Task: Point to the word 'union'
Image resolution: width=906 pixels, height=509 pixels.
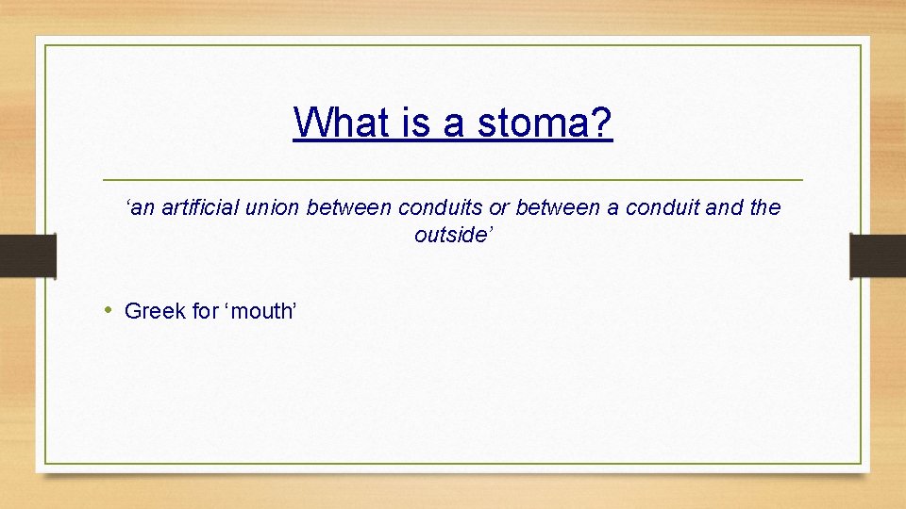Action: (x=274, y=207)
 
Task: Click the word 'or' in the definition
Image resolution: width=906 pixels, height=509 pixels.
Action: (x=498, y=207)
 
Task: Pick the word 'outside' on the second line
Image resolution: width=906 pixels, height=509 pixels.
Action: (x=450, y=235)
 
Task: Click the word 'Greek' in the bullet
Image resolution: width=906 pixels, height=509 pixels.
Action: (x=155, y=311)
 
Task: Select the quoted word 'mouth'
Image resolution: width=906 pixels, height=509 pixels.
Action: (x=260, y=311)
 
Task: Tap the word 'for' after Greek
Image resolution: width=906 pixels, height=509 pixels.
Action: (x=206, y=311)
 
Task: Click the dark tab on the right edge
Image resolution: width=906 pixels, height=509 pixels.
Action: (x=878, y=255)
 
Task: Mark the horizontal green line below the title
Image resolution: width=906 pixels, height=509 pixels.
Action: (x=453, y=179)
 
